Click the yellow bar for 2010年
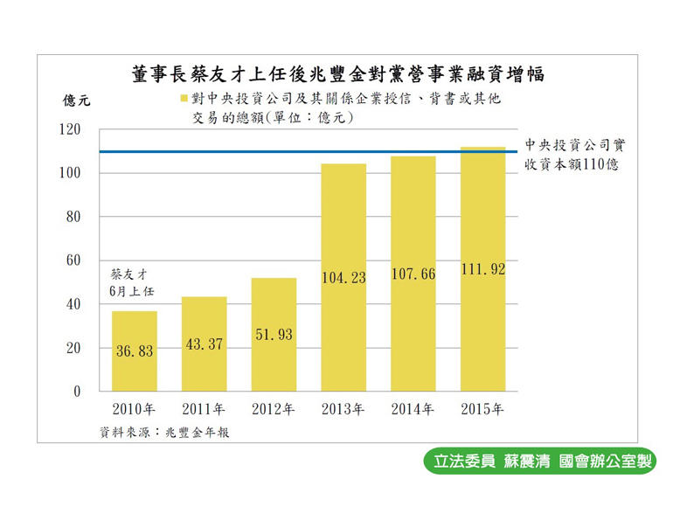click(x=135, y=351)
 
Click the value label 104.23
click(x=343, y=278)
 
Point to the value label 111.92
click(x=482, y=270)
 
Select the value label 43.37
click(x=205, y=344)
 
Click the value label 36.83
click(x=135, y=350)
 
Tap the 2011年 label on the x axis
click(x=205, y=408)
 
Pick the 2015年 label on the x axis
click(x=482, y=408)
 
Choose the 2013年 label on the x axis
click(x=343, y=408)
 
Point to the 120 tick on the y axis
click(x=69, y=130)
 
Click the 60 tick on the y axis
click(x=73, y=260)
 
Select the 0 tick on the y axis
click(x=77, y=392)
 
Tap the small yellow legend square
click(x=184, y=99)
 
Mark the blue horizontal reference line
click(x=306, y=152)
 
